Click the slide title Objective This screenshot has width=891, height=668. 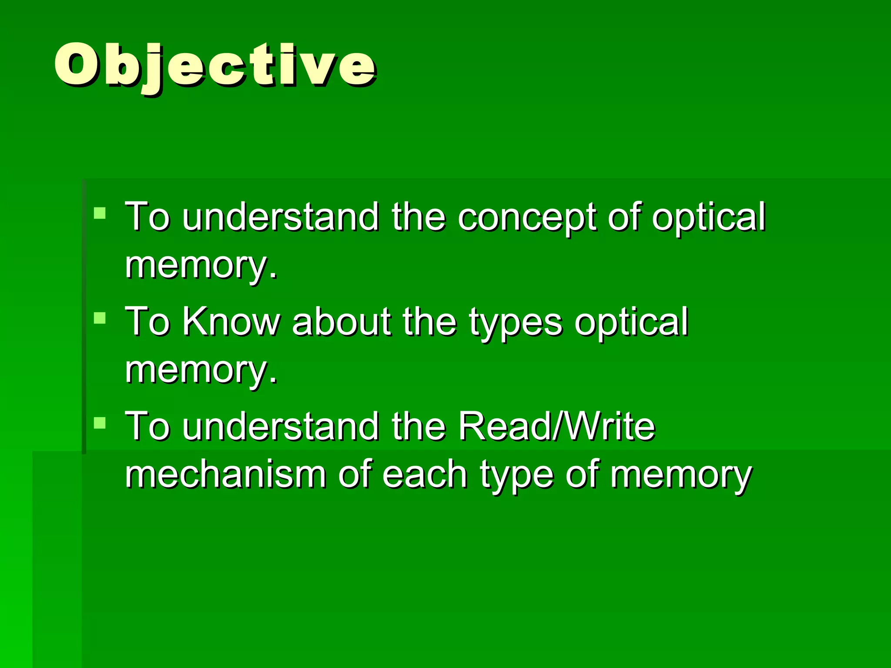pyautogui.click(x=215, y=65)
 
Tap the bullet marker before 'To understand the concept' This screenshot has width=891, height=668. pyautogui.click(x=100, y=213)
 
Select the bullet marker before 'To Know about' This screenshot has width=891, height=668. pyautogui.click(x=100, y=318)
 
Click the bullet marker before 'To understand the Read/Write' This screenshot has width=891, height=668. pyautogui.click(x=100, y=423)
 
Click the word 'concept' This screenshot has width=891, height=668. pyautogui.click(x=526, y=217)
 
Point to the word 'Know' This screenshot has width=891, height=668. pyautogui.click(x=231, y=322)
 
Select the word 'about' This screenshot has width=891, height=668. pyautogui.click(x=342, y=322)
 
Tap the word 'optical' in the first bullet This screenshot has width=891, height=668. pyautogui.click(x=708, y=217)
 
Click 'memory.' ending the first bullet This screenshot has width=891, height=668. pyautogui.click(x=201, y=265)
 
